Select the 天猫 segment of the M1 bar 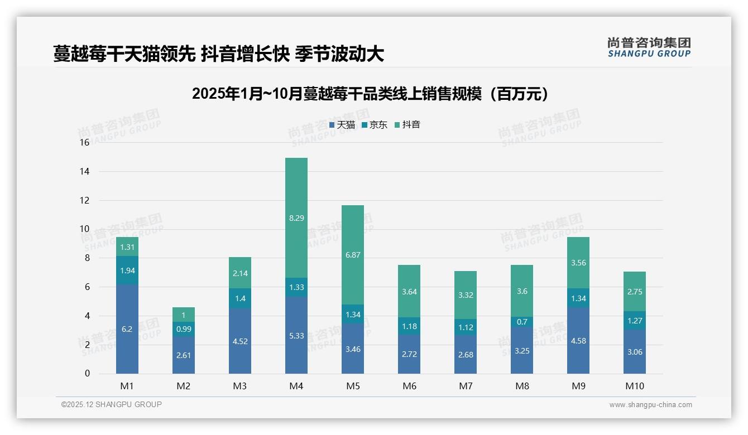pyautogui.click(x=127, y=329)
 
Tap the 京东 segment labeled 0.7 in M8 pyautogui.click(x=522, y=322)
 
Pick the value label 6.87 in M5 pyautogui.click(x=353, y=255)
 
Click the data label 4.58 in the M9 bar pyautogui.click(x=578, y=341)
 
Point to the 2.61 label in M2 pyautogui.click(x=184, y=355)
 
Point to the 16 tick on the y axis pyautogui.click(x=84, y=143)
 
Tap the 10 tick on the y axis pyautogui.click(x=84, y=229)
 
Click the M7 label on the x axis pyautogui.click(x=466, y=386)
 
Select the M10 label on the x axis pyautogui.click(x=634, y=386)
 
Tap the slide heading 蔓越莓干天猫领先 pyautogui.click(x=218, y=54)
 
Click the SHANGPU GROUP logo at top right pyautogui.click(x=649, y=47)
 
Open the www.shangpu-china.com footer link pyautogui.click(x=650, y=405)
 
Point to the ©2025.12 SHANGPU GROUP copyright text pyautogui.click(x=112, y=405)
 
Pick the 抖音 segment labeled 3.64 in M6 pyautogui.click(x=409, y=291)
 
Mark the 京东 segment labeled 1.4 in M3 pyautogui.click(x=240, y=298)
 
